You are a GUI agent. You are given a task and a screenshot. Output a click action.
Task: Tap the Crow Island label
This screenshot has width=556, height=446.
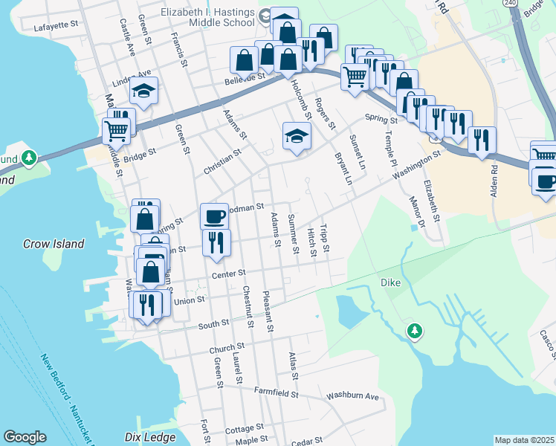pyautogui.click(x=53, y=244)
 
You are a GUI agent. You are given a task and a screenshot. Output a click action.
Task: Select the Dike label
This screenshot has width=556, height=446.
pyautogui.click(x=390, y=282)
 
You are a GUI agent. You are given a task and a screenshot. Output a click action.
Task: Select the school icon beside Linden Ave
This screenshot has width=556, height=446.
pyautogui.click(x=143, y=91)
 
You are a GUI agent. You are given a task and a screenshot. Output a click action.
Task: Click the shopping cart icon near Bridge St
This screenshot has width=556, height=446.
pyautogui.click(x=116, y=131)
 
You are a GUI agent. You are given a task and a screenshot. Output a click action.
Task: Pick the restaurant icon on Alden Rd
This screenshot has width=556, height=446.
pyautogui.click(x=482, y=140)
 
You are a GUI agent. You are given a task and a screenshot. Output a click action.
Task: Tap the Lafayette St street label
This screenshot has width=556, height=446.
pyautogui.click(x=56, y=25)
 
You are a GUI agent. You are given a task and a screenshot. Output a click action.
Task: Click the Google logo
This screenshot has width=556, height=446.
pyautogui.click(x=25, y=437)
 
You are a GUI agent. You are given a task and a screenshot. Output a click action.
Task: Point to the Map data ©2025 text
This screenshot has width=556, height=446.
pyautogui.click(x=524, y=440)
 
